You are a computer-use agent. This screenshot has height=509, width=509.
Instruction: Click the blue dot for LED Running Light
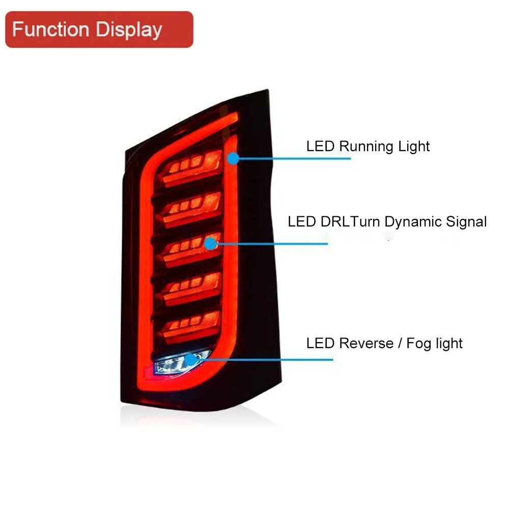click(x=233, y=158)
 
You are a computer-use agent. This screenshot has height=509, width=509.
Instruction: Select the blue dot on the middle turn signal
click(x=210, y=244)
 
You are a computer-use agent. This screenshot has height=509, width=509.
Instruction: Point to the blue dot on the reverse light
click(x=190, y=360)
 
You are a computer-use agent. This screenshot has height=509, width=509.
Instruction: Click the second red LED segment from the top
click(x=191, y=206)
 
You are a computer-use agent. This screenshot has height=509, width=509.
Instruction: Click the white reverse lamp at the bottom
click(x=176, y=362)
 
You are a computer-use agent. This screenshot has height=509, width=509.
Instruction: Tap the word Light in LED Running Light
click(x=414, y=147)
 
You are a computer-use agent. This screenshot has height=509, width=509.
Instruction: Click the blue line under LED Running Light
click(x=295, y=158)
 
